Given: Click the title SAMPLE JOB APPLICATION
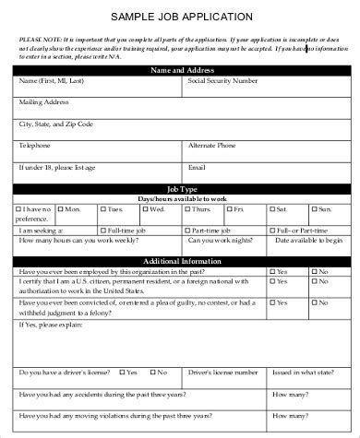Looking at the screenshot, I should tap(181, 17).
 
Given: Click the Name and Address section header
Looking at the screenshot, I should tap(180, 70).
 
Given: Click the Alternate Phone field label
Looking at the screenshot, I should tap(213, 146).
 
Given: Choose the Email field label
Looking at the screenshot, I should tap(197, 167).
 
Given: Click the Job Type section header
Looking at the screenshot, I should tap(181, 190).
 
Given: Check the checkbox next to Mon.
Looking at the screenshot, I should tap(61, 209).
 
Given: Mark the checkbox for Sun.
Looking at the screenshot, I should tap(312, 209).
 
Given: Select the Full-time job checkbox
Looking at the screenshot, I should tap(103, 228).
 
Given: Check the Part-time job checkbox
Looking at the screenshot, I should tap(187, 228).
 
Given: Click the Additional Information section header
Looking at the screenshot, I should tap(181, 261).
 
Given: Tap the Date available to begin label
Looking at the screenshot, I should tap(309, 239).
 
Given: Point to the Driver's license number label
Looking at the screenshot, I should tap(223, 372).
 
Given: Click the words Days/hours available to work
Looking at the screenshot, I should tap(181, 199).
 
